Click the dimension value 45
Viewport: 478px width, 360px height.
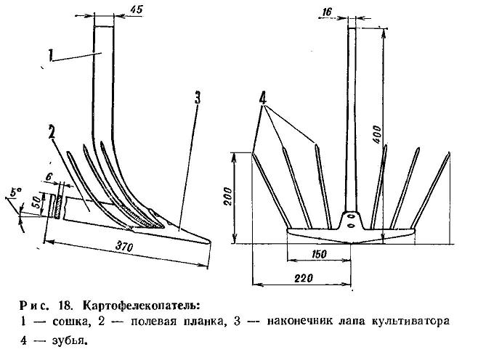pyautogui.click(x=136, y=9)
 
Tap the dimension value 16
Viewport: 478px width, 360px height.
pyautogui.click(x=326, y=12)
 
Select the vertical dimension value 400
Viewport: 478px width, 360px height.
pyautogui.click(x=377, y=134)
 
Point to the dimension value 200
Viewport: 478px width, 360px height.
pyautogui.click(x=228, y=197)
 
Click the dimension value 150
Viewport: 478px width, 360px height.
pyautogui.click(x=319, y=254)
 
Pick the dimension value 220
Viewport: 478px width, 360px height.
pyautogui.click(x=304, y=278)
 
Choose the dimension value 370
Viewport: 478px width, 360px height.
pyautogui.click(x=123, y=246)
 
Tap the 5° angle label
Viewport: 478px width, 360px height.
pyautogui.click(x=17, y=193)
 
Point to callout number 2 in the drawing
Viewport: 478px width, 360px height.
pyautogui.click(x=51, y=131)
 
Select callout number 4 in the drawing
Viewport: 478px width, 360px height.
pyautogui.click(x=262, y=98)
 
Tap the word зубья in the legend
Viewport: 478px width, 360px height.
pyautogui.click(x=70, y=340)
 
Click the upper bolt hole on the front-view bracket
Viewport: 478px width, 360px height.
pyautogui.click(x=351, y=216)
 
